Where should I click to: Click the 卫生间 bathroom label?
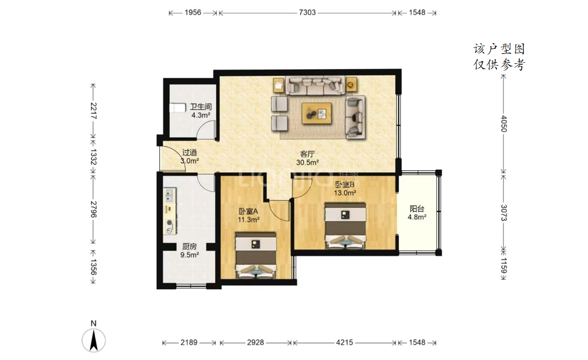[201, 107]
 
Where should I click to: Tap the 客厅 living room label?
[307, 154]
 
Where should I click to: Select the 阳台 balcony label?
[417, 209]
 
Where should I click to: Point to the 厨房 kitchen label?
[190, 246]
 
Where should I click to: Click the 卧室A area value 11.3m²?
[249, 220]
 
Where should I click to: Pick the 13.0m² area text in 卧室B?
[345, 193]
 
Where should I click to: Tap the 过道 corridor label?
[190, 153]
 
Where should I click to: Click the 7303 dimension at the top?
[307, 12]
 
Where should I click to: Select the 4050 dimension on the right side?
[504, 124]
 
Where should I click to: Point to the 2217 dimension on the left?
[94, 111]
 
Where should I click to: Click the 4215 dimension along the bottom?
[344, 342]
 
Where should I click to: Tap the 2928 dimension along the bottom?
[255, 342]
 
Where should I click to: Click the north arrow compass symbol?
[94, 340]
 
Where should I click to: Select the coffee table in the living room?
[317, 113]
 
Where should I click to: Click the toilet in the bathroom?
[177, 108]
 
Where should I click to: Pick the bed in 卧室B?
[345, 226]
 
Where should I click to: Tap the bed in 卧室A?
[256, 255]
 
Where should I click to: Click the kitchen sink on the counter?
[170, 194]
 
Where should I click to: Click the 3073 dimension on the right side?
[504, 212]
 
